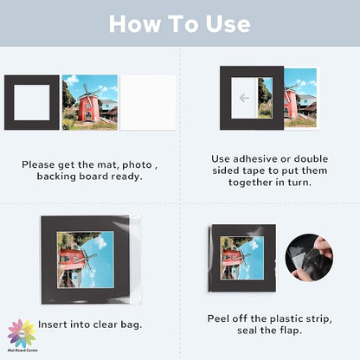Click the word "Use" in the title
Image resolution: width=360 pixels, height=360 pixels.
pos(228,23)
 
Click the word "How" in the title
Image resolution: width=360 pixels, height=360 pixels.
pos(135,23)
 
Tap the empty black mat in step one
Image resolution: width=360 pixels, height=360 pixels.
pos(9,102)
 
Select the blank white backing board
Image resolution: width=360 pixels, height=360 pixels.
pos(148,102)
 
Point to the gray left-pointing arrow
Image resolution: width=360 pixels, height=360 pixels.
pos(244,98)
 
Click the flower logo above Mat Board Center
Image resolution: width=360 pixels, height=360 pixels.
pos(22,333)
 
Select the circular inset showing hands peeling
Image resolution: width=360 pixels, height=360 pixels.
pos(309,258)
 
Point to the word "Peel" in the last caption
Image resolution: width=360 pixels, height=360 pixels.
pos(218,318)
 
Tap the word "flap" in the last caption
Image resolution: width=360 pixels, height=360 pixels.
pos(291,331)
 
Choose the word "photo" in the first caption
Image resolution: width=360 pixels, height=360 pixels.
pos(137,165)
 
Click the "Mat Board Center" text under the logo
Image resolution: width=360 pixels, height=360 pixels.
pos(22,350)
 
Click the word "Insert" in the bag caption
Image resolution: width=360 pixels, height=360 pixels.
pos(53,325)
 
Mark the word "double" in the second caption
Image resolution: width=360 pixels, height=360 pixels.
pos(311,159)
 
